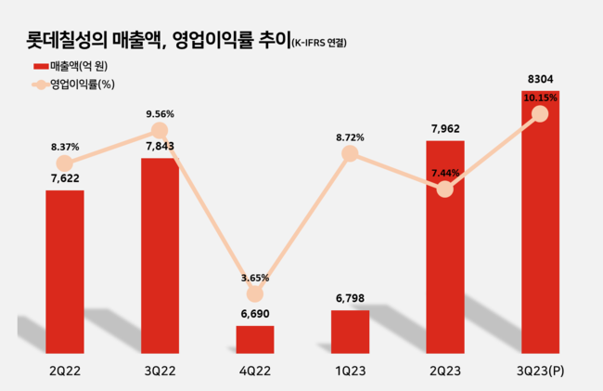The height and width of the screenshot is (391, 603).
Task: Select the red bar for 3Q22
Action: tap(160, 255)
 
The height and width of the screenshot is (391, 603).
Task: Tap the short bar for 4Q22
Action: tap(254, 339)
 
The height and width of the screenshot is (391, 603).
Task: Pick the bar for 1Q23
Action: tap(350, 332)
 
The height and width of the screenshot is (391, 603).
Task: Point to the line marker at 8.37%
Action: tap(65, 163)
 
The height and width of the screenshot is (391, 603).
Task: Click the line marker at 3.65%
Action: tap(254, 293)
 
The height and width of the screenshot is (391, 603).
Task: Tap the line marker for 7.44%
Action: tap(444, 189)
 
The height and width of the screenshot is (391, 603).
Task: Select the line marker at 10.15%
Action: tap(540, 113)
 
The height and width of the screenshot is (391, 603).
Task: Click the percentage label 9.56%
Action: tap(160, 114)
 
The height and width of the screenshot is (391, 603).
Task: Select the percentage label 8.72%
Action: tap(350, 137)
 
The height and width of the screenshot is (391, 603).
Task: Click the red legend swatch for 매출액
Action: tap(39, 67)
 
